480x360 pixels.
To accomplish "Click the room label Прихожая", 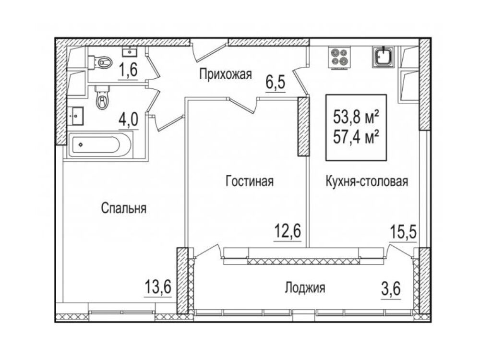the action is pyautogui.click(x=226, y=74).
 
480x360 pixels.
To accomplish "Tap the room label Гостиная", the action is pyautogui.click(x=250, y=181).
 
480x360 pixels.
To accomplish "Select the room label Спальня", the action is pyautogui.click(x=124, y=208).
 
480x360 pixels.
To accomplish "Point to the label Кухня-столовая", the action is pyautogui.click(x=367, y=181).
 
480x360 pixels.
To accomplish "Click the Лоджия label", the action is pyautogui.click(x=305, y=288).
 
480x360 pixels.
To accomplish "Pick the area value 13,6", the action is pyautogui.click(x=157, y=288).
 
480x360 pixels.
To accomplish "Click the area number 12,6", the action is pyautogui.click(x=288, y=232).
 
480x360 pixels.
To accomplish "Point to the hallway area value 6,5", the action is pyautogui.click(x=276, y=83).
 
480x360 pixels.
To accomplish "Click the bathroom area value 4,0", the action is pyautogui.click(x=129, y=120).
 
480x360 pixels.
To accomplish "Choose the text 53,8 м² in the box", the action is pyautogui.click(x=356, y=117).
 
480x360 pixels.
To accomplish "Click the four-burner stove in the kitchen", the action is pyautogui.click(x=339, y=58).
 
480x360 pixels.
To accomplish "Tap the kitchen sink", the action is pyautogui.click(x=383, y=57).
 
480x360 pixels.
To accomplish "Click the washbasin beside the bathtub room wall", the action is pyautogui.click(x=75, y=116).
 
